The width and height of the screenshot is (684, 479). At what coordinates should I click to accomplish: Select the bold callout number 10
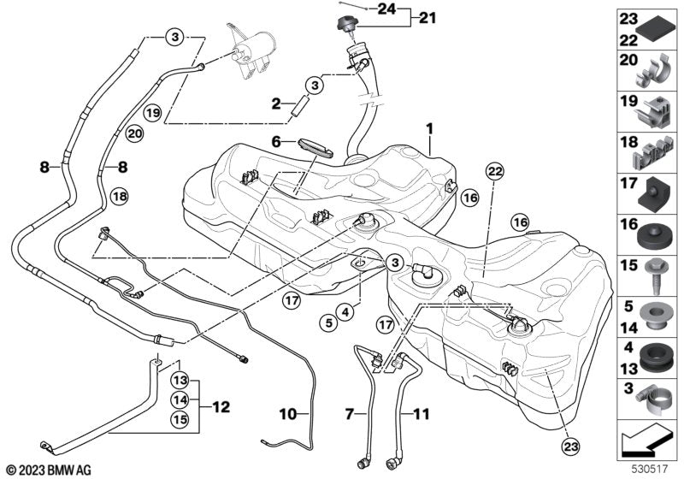[x=288, y=415]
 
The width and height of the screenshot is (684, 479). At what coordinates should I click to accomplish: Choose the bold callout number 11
[x=420, y=414]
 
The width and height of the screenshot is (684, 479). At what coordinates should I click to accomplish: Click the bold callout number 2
[x=276, y=103]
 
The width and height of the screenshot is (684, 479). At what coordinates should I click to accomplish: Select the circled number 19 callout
[x=152, y=112]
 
